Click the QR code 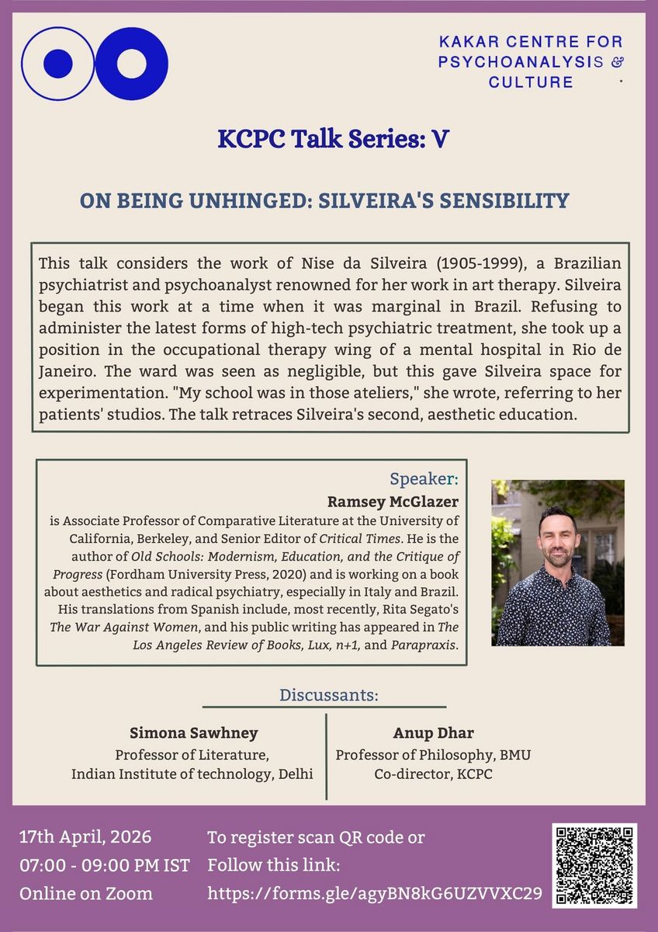click(595, 866)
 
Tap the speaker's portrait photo click(557, 563)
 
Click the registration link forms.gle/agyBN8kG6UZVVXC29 click(375, 893)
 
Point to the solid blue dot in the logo click(57, 64)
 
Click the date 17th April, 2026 click(85, 838)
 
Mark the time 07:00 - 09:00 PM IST click(104, 865)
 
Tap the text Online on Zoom click(85, 893)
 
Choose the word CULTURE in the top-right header click(531, 82)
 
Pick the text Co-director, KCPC click(433, 774)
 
